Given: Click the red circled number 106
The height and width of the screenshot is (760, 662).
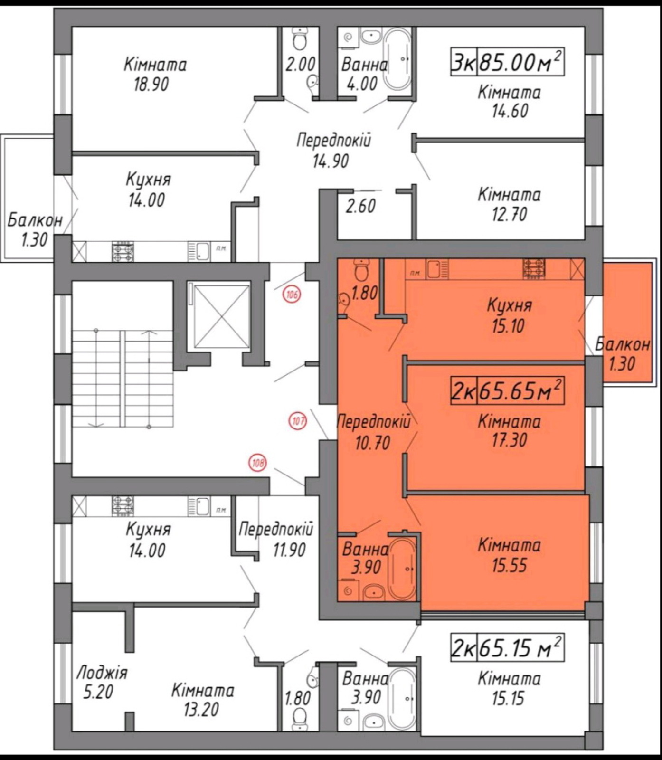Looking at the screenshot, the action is [292, 295].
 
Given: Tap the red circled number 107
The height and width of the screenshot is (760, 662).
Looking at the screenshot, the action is [298, 420].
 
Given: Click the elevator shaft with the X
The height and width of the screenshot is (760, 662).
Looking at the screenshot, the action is [219, 316].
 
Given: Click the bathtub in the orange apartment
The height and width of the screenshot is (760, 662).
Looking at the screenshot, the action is [402, 569].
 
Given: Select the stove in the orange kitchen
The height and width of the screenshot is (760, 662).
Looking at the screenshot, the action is [534, 268].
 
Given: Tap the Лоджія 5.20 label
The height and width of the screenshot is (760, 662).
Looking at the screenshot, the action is [102, 682].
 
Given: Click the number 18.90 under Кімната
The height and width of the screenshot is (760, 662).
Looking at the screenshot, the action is [151, 85].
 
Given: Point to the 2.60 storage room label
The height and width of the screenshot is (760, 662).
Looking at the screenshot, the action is [360, 206].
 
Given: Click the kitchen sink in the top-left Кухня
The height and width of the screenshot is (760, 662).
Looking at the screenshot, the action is [201, 251].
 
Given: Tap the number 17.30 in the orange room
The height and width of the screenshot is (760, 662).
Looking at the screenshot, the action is [509, 440].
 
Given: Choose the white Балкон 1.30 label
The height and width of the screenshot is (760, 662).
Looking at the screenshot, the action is [35, 230].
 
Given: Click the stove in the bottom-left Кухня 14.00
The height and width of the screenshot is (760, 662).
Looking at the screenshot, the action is [123, 505].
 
